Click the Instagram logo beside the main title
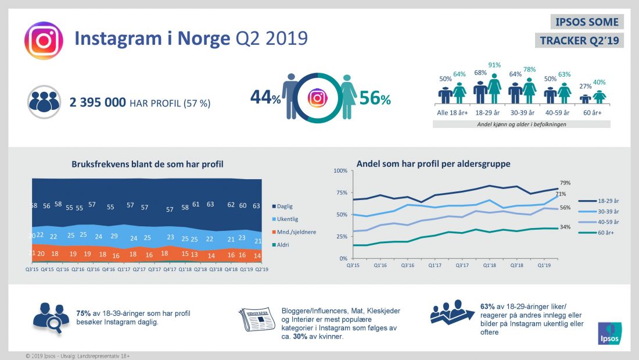(x=43, y=41)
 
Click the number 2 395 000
(x=98, y=102)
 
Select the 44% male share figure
(x=265, y=98)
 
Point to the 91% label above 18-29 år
(x=494, y=65)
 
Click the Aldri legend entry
(x=283, y=245)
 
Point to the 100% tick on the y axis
(x=340, y=170)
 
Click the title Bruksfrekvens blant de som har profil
(x=148, y=165)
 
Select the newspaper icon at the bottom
(x=257, y=319)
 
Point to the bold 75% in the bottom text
(x=83, y=313)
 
